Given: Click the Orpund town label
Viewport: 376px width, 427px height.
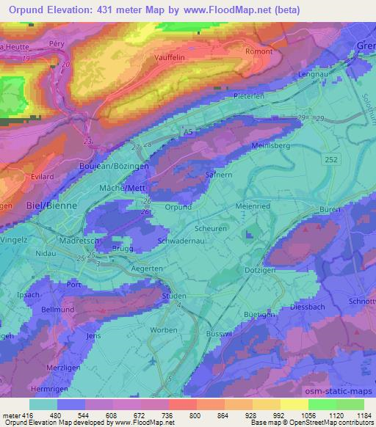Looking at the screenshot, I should click(x=178, y=208).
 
